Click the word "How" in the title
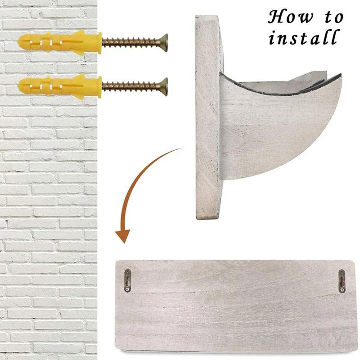click(x=291, y=17)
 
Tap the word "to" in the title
click(x=334, y=18)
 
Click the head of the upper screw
click(x=164, y=43)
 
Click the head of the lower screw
click(x=164, y=86)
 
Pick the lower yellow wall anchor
click(x=60, y=86)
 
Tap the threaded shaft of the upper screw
click(x=131, y=43)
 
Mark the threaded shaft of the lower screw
click(x=131, y=86)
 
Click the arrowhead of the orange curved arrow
click(x=123, y=236)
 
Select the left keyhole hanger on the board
click(x=128, y=280)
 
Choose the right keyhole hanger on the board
click(x=342, y=281)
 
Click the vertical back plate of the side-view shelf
click(x=208, y=117)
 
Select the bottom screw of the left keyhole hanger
click(x=128, y=289)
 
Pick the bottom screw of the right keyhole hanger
click(x=342, y=290)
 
